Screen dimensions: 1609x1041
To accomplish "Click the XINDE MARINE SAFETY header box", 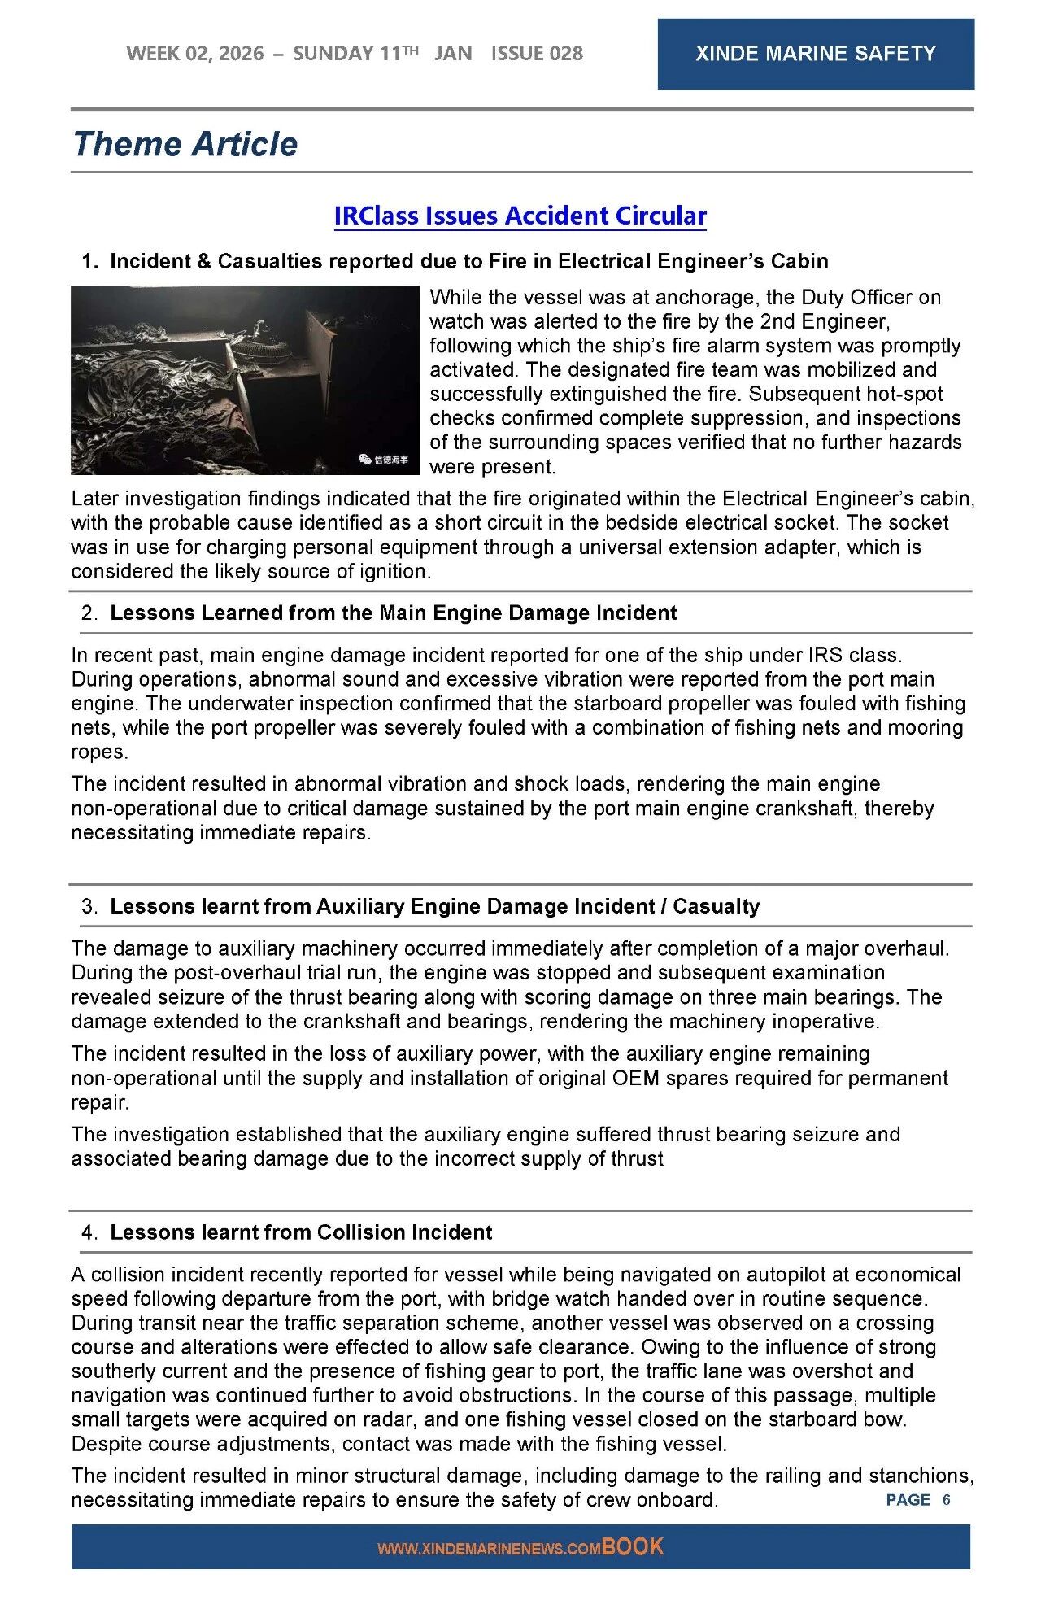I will [x=815, y=54].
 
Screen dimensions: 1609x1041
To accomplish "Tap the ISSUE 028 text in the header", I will [x=537, y=54].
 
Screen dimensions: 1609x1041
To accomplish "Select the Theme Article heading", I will [x=185, y=144].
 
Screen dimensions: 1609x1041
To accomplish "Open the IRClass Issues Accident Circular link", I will [x=520, y=216].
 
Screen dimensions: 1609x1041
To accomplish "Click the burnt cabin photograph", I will [x=244, y=379].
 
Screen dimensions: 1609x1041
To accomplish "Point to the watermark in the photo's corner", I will [x=384, y=460].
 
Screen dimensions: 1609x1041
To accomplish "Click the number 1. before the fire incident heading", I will [x=89, y=262].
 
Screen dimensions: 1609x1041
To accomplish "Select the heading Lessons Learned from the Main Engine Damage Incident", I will [x=393, y=613].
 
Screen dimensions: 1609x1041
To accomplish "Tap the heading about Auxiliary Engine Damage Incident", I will [x=434, y=906].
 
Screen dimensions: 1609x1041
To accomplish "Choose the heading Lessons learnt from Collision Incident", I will [x=301, y=1232].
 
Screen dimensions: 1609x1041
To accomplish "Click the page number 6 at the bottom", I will [x=947, y=1500].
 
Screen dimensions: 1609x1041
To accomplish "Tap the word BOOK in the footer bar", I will [x=633, y=1547].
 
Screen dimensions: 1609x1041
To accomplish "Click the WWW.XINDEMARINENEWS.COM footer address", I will [x=489, y=1550].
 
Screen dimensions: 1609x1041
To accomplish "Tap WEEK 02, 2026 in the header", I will [x=195, y=54].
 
